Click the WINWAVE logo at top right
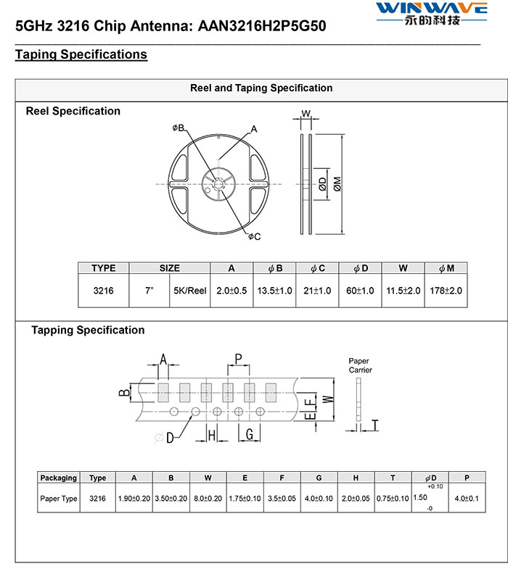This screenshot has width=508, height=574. coord(432,13)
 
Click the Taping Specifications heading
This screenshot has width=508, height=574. coord(81,54)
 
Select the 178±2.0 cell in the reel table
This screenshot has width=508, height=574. coord(446,291)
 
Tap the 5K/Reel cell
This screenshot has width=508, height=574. coord(189,291)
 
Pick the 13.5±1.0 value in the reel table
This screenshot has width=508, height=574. coord(274,291)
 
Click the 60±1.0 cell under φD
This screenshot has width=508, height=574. coord(360,291)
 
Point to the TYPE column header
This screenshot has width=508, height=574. coord(103,268)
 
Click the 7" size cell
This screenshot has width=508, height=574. coord(149,291)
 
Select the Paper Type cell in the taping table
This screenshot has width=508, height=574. coord(59,499)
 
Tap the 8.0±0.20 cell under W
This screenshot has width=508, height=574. coord(208,499)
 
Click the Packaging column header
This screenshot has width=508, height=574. coord(59,478)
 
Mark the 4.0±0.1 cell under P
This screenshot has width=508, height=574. coord(467,499)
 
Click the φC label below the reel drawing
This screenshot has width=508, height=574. coord(254,237)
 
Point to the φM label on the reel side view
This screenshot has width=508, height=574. coord(337,184)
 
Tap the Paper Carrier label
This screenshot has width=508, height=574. coord(360,365)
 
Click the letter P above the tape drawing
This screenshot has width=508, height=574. coord(238,358)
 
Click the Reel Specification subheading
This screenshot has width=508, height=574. coord(73,111)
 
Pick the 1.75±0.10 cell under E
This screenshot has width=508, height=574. coord(245,499)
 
